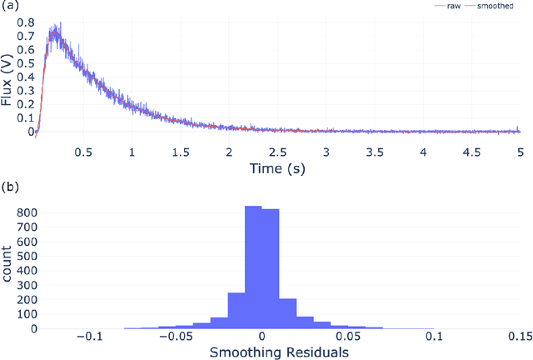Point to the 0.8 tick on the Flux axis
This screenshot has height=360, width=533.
[x=27, y=22]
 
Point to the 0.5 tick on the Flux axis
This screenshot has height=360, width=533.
[x=27, y=62]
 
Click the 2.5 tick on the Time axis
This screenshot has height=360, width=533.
[x=277, y=153]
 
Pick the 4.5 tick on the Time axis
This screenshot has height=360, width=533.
[x=471, y=153]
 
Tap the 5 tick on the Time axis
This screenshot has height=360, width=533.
[x=521, y=153]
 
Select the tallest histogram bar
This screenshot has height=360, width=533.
[x=253, y=267]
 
